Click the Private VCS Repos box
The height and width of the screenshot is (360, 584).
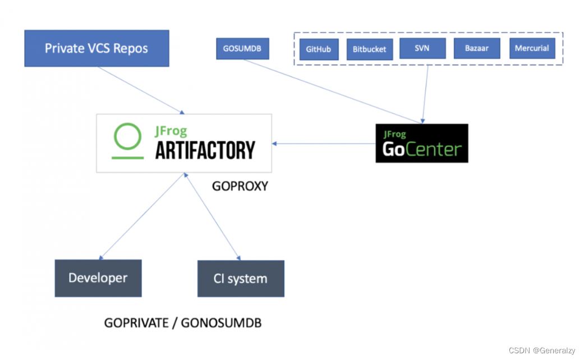tap(96, 48)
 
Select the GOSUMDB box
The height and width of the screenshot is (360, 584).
tap(242, 48)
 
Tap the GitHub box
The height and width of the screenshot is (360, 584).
tap(318, 49)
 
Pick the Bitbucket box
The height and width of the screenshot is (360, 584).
tap(369, 49)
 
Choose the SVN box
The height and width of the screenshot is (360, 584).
tap(422, 48)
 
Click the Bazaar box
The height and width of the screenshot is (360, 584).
tap(476, 48)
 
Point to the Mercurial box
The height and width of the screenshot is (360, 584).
tap(531, 48)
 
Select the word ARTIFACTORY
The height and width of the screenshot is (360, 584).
tap(205, 150)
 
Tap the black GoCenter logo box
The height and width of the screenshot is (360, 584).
tap(421, 144)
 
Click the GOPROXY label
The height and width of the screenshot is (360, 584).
tap(240, 186)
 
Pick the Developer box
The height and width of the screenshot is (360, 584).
tap(98, 278)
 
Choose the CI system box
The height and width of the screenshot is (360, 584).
tap(240, 279)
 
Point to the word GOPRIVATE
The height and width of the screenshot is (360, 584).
tap(136, 323)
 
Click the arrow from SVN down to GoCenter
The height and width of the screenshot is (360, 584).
tap(425, 93)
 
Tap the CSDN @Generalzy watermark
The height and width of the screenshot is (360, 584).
tap(541, 350)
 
